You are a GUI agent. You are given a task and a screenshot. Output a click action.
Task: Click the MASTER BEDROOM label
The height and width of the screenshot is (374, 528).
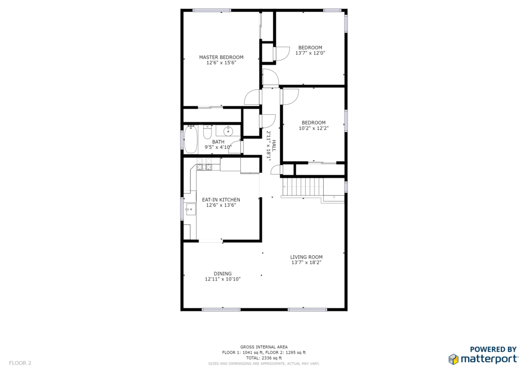point(221,57)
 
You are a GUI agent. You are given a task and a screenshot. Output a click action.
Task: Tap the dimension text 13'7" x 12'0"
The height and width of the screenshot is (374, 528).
point(310,53)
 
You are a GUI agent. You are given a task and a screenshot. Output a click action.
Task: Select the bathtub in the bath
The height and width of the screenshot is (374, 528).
point(191,139)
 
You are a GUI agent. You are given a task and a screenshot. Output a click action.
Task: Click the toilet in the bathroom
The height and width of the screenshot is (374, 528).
point(207,132)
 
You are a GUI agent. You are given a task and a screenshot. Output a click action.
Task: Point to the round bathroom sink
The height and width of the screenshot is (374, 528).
point(228,131)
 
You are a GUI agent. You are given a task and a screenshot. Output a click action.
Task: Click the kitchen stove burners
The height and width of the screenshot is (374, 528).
point(204,164)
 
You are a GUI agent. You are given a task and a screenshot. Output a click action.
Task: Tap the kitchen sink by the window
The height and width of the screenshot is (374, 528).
point(190,209)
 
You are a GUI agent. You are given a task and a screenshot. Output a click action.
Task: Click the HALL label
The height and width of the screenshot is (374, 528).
point(274,146)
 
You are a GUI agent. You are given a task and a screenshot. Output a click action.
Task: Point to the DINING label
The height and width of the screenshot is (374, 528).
point(223,273)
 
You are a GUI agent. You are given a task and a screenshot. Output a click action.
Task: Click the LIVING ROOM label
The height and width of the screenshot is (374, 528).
point(306,257)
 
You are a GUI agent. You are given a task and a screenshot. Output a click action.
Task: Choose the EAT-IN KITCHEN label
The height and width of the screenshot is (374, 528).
point(221,199)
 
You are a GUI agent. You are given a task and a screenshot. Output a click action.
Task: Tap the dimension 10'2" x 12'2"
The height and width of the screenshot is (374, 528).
point(313,128)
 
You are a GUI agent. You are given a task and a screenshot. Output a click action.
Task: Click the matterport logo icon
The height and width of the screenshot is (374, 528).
point(453,359)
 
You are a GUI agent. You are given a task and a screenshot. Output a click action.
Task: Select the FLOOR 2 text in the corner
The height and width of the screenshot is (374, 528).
point(20,363)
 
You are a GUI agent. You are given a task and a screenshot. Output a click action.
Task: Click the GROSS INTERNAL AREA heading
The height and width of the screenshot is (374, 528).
point(263,347)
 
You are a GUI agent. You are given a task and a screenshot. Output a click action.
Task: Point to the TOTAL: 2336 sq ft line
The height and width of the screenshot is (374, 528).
point(263,358)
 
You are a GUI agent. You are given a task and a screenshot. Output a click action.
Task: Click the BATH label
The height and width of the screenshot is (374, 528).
point(218,142)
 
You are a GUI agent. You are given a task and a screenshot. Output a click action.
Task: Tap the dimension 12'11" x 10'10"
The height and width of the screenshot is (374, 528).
point(223,279)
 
